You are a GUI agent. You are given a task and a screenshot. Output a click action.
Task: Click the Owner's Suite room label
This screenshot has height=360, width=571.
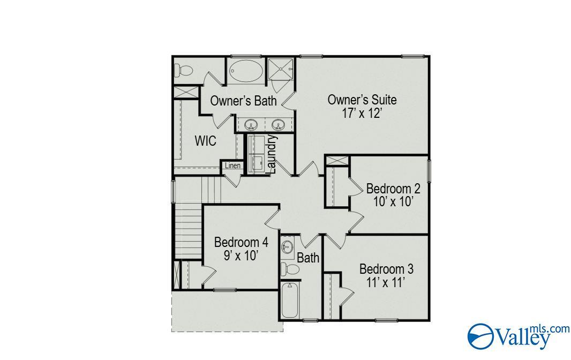(x=362, y=100)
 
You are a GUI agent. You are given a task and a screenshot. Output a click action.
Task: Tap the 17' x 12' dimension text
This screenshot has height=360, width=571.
(x=362, y=113)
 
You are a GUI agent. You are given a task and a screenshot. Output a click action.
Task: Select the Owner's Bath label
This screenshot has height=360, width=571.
(x=243, y=101)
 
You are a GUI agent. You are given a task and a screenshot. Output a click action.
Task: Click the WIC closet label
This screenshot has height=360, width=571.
(x=205, y=141)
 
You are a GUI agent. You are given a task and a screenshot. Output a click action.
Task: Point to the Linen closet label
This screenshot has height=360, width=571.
(x=232, y=166)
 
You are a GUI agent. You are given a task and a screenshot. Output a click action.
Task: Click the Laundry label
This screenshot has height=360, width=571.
(x=272, y=154)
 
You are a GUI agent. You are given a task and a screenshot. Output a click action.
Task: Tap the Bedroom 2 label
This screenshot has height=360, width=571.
(x=393, y=189)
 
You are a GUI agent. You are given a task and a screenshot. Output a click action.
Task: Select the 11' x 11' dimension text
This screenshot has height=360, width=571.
(x=386, y=282)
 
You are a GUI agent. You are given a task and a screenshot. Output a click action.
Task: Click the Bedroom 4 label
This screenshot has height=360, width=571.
(x=241, y=242)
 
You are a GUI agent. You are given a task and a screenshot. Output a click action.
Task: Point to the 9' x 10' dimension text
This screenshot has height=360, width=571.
(x=241, y=255)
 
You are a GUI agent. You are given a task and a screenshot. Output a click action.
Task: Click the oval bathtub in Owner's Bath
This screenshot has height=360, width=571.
(x=246, y=71)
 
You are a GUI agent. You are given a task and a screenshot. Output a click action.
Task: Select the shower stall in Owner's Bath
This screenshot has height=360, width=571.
(x=281, y=68)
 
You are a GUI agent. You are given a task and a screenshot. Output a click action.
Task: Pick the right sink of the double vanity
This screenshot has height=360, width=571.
(x=279, y=125)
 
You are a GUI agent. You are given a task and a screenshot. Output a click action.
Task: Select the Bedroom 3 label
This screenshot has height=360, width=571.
(x=386, y=269)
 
